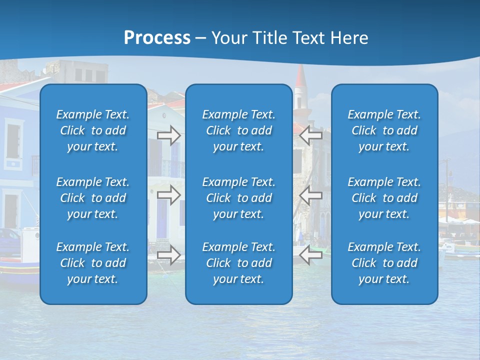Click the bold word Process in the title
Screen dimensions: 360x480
157,38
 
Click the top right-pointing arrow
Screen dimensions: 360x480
169,135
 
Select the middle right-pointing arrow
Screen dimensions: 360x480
169,195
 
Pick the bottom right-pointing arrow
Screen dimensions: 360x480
169,255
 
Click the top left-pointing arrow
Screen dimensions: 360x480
311,135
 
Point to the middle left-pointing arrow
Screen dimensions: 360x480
311,195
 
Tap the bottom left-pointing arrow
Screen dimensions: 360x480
311,255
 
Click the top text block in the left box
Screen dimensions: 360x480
93,130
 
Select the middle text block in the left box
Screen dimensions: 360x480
93,198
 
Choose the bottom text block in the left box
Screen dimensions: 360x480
93,263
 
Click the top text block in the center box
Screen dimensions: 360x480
238,130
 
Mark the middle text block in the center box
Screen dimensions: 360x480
238,198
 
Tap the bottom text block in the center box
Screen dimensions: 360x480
238,263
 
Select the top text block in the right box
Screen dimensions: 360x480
384,130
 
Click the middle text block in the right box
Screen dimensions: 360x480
384,198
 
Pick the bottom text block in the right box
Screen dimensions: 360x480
384,263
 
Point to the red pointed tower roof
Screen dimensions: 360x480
300,76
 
